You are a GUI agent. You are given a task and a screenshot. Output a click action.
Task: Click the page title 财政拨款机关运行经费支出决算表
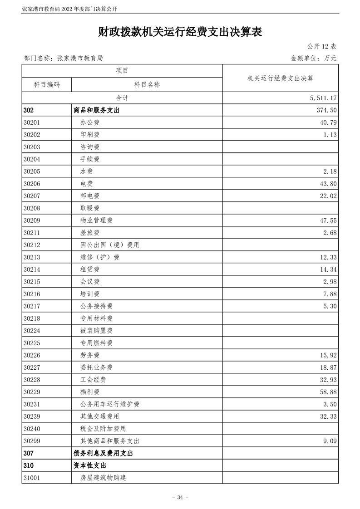[180, 32]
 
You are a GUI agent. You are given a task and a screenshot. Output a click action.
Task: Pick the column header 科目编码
[46, 85]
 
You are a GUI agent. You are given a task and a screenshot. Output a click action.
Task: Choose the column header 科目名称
[147, 85]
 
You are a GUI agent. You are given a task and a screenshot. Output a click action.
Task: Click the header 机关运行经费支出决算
[280, 78]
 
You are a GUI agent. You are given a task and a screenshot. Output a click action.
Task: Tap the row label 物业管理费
[96, 220]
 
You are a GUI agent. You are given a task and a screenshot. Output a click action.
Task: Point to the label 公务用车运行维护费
[109, 404]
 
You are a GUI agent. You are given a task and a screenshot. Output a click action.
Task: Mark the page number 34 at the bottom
[180, 497]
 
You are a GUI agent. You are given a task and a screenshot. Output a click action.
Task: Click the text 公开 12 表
[321, 46]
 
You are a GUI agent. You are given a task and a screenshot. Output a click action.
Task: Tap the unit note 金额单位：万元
[313, 58]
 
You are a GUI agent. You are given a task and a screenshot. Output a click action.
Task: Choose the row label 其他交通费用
[99, 416]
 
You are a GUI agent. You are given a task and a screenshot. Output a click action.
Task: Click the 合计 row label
[122, 98]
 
